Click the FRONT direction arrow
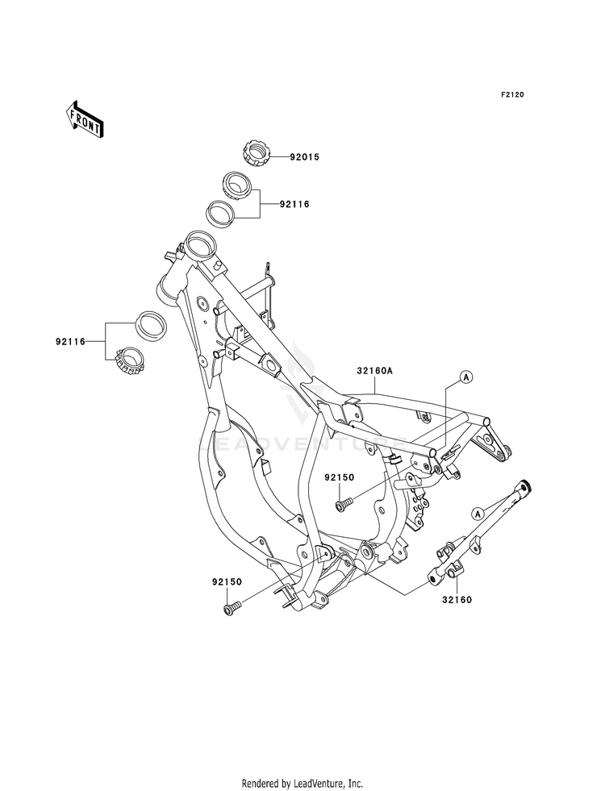[84, 119]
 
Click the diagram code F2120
[512, 94]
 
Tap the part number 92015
[304, 157]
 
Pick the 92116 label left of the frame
[71, 342]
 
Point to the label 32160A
[374, 371]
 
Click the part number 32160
[457, 600]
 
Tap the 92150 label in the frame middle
[339, 477]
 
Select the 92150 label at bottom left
[227, 581]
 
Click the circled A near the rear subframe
[465, 377]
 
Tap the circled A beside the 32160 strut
[477, 513]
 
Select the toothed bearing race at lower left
[131, 360]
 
